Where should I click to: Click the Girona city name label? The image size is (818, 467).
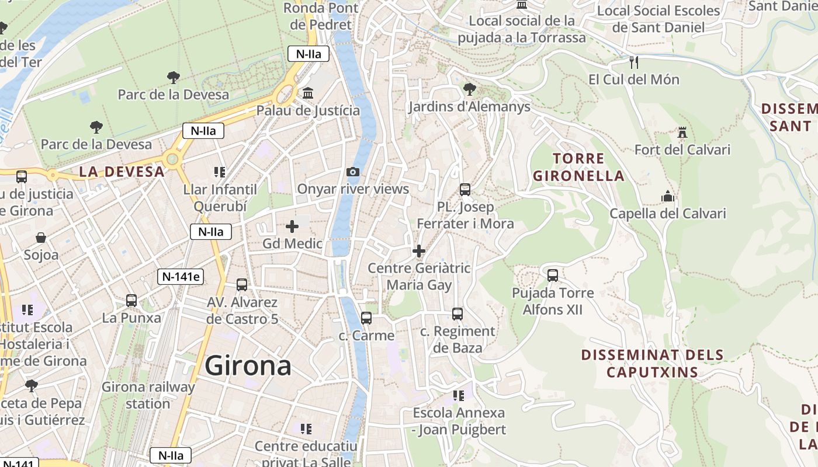tap(248, 366)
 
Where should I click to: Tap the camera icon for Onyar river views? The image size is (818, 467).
tap(353, 172)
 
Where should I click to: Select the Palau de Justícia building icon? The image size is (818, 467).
tap(308, 93)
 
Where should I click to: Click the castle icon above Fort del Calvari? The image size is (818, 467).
tap(682, 133)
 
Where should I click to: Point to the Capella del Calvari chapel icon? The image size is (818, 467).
tap(667, 197)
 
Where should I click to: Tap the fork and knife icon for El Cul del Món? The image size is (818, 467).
tap(634, 62)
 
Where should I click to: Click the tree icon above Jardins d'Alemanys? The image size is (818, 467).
tap(469, 89)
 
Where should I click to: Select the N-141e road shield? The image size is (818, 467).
tap(180, 277)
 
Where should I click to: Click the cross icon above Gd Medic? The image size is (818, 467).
tap(292, 226)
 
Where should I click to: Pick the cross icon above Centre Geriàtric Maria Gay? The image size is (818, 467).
tap(419, 251)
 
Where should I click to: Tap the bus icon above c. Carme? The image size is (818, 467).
tap(366, 318)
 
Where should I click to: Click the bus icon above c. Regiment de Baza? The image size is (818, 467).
tap(457, 314)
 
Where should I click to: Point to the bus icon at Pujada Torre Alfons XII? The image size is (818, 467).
tap(553, 275)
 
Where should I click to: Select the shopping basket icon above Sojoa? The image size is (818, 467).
tap(41, 238)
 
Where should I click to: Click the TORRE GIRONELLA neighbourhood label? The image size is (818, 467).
tap(578, 167)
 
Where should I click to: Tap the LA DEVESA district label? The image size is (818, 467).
tap(122, 172)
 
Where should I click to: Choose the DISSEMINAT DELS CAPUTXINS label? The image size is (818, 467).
tap(652, 363)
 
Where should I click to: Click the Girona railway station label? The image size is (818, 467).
tap(148, 395)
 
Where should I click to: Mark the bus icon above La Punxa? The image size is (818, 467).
tap(131, 301)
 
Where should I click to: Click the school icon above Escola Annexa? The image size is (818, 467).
tap(459, 395)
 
